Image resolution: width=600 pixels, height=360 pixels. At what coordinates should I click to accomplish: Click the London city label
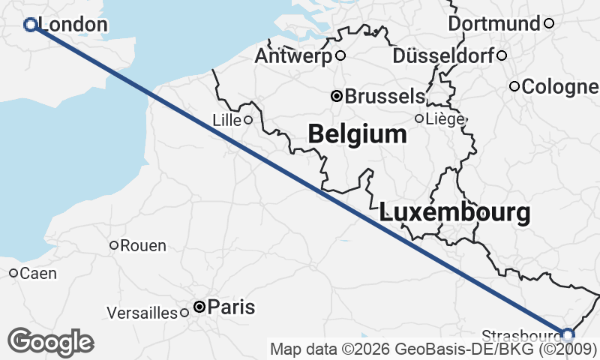pyautogui.click(x=71, y=25)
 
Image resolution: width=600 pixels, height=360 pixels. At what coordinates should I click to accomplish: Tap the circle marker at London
pyautogui.click(x=31, y=25)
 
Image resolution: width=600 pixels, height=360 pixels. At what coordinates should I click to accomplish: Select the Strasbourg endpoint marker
pyautogui.click(x=568, y=334)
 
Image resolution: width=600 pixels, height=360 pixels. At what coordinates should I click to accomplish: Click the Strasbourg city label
pyautogui.click(x=520, y=334)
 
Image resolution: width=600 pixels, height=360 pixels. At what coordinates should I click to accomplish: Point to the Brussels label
pyautogui.click(x=385, y=97)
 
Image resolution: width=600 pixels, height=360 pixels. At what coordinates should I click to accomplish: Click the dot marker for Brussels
pyautogui.click(x=337, y=96)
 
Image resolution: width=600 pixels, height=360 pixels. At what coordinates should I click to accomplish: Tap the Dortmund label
pyautogui.click(x=494, y=24)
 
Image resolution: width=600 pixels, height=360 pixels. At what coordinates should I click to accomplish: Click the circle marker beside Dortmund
pyautogui.click(x=548, y=23)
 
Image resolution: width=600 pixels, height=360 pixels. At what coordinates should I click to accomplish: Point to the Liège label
pyautogui.click(x=445, y=118)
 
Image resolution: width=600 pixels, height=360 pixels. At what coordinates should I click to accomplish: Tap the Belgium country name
pyautogui.click(x=357, y=134)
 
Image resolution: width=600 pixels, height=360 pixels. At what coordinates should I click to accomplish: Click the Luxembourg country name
pyautogui.click(x=455, y=212)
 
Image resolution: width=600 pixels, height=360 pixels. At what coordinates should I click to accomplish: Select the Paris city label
pyautogui.click(x=231, y=307)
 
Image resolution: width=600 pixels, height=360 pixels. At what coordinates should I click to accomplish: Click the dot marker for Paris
pyautogui.click(x=199, y=307)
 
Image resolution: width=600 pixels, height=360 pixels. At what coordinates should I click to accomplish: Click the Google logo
pyautogui.click(x=50, y=342)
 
